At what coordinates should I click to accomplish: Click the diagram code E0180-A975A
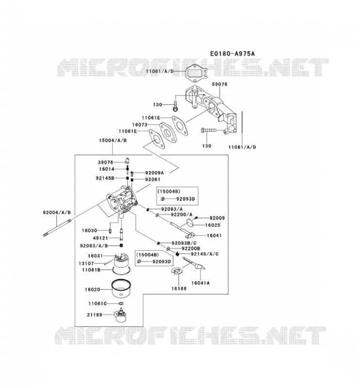point(232,53)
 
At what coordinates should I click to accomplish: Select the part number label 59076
point(220,84)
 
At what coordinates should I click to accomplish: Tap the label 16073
point(140,125)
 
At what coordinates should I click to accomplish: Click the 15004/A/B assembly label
point(113,140)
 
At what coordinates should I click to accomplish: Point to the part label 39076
point(105,162)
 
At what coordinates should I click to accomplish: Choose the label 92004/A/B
point(57,212)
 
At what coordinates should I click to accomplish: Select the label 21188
point(95,315)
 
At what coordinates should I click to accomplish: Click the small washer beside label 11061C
point(121,304)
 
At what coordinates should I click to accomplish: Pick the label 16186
point(179,289)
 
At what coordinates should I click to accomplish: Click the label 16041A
point(200,283)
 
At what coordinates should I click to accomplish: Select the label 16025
point(213,225)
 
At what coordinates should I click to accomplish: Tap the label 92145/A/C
point(205,254)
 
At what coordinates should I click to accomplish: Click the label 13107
point(86,263)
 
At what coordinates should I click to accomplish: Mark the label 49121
point(100,238)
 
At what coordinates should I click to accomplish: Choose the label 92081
point(152,179)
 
